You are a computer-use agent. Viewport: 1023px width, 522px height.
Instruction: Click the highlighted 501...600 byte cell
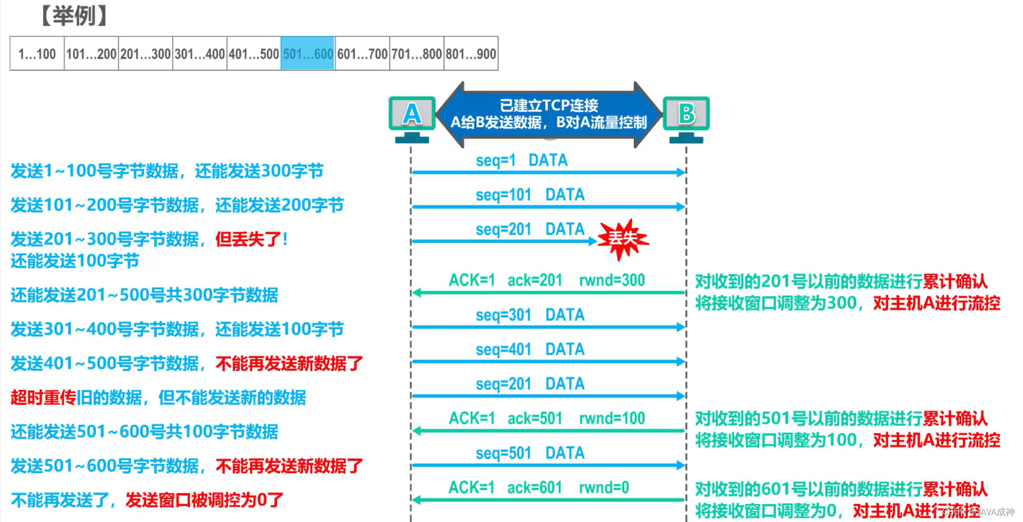tap(308, 54)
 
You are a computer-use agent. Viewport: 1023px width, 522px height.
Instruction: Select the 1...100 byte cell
tap(37, 54)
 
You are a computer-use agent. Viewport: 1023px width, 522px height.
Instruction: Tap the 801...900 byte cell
tap(471, 54)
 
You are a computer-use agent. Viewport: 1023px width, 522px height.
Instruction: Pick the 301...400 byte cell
tap(200, 54)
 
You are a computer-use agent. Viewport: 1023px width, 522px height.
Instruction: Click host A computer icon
tap(412, 118)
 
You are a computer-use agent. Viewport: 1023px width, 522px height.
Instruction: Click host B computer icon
tap(686, 118)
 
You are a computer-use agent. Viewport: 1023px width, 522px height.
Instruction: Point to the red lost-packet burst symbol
tap(622, 238)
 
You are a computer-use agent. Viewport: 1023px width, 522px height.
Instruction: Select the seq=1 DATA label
tap(521, 160)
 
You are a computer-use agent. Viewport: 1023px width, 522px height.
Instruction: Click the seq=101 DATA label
tap(530, 195)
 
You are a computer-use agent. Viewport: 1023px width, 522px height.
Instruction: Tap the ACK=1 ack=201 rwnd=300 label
tap(547, 280)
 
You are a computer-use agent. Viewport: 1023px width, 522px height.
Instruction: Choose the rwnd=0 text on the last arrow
tap(604, 488)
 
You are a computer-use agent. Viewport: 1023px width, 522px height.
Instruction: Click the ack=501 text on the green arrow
tap(535, 419)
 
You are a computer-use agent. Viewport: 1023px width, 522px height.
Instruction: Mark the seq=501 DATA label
tap(530, 453)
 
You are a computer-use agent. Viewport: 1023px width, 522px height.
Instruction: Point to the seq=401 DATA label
tap(530, 350)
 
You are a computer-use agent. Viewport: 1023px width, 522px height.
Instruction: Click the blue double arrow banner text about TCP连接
tap(548, 114)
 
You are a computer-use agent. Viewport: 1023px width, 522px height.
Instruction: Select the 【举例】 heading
tap(74, 16)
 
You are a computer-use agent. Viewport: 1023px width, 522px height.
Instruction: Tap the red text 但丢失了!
tap(252, 239)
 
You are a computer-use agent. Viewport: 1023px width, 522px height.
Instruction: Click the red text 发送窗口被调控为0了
tap(204, 500)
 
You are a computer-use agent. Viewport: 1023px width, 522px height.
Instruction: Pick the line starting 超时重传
tap(158, 397)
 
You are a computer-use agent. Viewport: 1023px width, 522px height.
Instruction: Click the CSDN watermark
tap(978, 512)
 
